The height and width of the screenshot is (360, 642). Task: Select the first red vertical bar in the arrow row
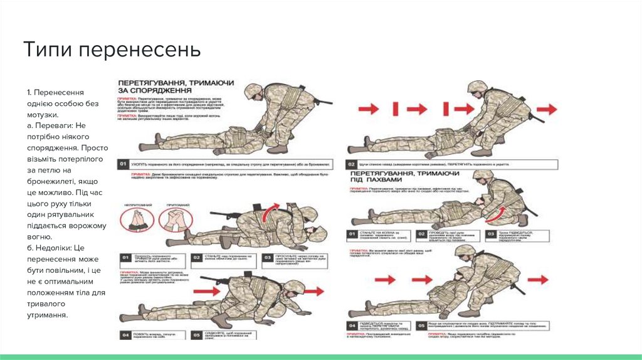396,109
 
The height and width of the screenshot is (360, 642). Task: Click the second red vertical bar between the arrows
446,109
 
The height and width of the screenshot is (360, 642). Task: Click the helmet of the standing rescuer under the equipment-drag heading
255,92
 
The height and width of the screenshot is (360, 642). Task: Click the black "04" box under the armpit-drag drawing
353,325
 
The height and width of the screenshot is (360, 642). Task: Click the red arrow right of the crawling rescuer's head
315,291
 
